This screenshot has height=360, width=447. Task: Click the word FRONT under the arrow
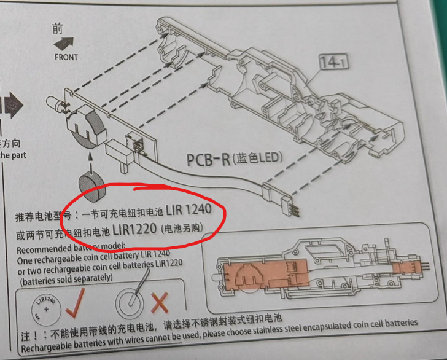(x=66, y=57)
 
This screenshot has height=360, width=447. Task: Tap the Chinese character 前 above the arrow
(x=58, y=28)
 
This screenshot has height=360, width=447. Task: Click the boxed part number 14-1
(x=333, y=62)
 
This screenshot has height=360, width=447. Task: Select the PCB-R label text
(x=208, y=160)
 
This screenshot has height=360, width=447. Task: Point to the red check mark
(x=75, y=303)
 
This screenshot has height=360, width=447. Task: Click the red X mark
(x=160, y=303)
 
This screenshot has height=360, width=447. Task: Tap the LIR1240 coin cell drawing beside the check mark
(x=46, y=310)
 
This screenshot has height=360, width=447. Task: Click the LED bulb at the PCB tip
(x=55, y=103)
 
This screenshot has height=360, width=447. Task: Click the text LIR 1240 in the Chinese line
(x=189, y=209)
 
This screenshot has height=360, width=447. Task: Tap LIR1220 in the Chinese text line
(x=134, y=229)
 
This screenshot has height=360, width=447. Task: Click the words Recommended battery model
(x=71, y=248)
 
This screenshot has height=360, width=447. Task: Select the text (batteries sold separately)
(x=66, y=280)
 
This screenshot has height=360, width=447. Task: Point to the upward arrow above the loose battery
(x=91, y=163)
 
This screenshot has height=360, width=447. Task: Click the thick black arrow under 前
(x=64, y=44)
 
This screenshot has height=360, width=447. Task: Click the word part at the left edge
(x=19, y=155)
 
